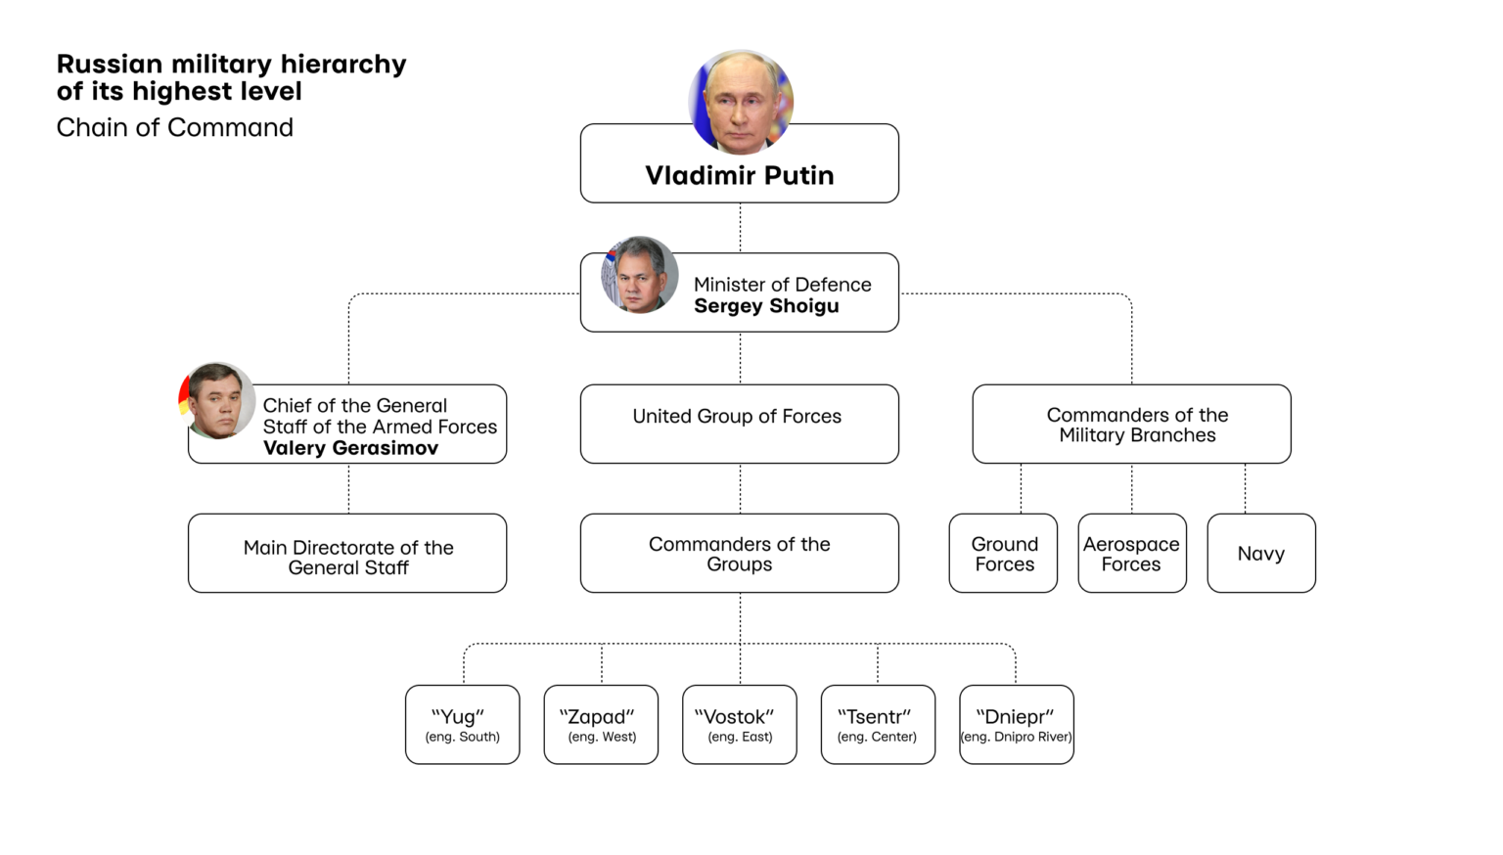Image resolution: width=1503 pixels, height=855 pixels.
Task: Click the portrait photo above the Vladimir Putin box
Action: pyautogui.click(x=741, y=102)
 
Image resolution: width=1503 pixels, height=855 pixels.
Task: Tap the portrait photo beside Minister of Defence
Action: pyautogui.click(x=640, y=275)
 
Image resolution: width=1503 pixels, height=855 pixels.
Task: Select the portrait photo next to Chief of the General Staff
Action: pyautogui.click(x=217, y=401)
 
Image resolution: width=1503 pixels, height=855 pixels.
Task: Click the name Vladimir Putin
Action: pyautogui.click(x=740, y=176)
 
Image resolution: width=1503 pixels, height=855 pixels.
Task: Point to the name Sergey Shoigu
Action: pyautogui.click(x=766, y=306)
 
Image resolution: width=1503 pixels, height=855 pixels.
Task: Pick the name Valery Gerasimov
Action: pyautogui.click(x=350, y=448)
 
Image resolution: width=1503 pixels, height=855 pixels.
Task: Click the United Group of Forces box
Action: pyautogui.click(x=739, y=424)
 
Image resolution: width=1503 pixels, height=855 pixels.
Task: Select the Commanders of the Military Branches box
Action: pyautogui.click(x=1131, y=424)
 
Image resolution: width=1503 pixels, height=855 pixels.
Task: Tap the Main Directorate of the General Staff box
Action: pyautogui.click(x=347, y=553)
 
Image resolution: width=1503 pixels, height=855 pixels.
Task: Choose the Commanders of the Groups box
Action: pyautogui.click(x=739, y=553)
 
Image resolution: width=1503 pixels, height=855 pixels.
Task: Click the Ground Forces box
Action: pyautogui.click(x=1003, y=553)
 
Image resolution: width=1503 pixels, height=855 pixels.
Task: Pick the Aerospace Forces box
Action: pyautogui.click(x=1131, y=553)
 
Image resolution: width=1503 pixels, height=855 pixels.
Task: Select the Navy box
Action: pyautogui.click(x=1260, y=553)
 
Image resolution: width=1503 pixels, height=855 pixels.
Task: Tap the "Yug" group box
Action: pyautogui.click(x=462, y=724)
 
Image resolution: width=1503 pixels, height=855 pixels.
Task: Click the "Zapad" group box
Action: pyautogui.click(x=601, y=724)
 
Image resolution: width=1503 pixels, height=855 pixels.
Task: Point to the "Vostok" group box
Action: pyautogui.click(x=739, y=724)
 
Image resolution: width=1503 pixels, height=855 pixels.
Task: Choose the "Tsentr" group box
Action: pyautogui.click(x=878, y=724)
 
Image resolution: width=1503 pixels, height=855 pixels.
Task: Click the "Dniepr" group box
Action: pyautogui.click(x=1016, y=724)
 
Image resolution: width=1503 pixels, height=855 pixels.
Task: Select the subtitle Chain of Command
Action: pyautogui.click(x=174, y=128)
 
